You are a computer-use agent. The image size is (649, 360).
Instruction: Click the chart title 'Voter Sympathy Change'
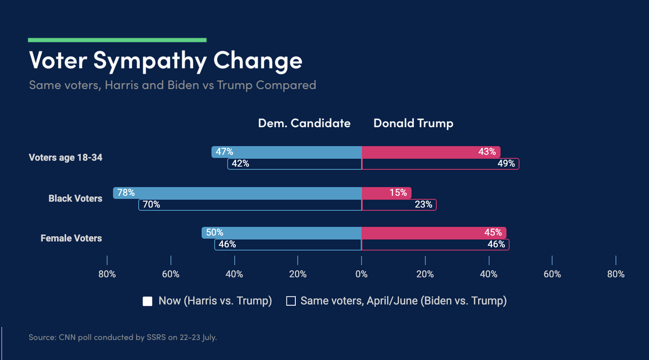(165, 61)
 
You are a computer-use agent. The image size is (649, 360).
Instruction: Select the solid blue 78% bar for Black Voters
(237, 193)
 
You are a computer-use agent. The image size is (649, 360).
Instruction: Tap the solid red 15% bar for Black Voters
(386, 193)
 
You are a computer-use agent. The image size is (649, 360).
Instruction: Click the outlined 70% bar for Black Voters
(250, 205)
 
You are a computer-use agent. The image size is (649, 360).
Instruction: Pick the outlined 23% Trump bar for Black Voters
(399, 205)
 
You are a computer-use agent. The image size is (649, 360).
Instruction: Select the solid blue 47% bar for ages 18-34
(286, 152)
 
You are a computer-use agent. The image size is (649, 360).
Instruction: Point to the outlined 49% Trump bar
(440, 164)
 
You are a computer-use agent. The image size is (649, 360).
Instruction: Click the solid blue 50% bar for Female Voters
(281, 233)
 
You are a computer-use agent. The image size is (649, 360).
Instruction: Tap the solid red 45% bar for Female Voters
(433, 233)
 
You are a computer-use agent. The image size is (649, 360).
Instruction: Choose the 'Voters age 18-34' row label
(65, 158)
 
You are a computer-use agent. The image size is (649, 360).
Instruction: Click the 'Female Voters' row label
(71, 238)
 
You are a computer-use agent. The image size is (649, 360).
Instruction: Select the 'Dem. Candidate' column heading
(304, 123)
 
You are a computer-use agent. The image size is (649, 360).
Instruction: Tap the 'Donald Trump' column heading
(413, 123)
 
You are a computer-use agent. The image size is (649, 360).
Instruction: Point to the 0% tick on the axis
(361, 274)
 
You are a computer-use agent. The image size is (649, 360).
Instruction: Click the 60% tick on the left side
(171, 274)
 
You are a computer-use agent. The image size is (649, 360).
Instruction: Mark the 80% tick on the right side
(616, 274)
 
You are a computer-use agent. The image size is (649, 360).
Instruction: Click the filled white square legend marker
(147, 301)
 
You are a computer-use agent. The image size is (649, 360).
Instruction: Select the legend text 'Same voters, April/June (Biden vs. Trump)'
(403, 301)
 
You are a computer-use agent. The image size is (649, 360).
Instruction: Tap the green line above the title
(117, 40)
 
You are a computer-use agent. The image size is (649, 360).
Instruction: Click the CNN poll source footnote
(122, 337)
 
